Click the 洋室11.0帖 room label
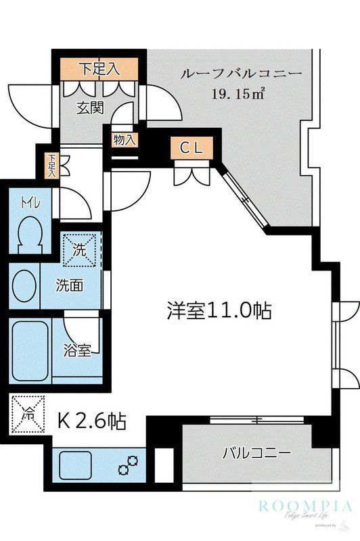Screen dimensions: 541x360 coord(219,310)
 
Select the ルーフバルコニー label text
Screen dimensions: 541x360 coord(240,74)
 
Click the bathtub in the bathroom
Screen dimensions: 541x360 coord(29,351)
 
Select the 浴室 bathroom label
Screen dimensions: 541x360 coord(78,350)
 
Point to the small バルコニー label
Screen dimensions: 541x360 coord(256,452)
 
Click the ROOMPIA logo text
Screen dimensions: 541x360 coord(305,505)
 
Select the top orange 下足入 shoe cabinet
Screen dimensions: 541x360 coord(99,68)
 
